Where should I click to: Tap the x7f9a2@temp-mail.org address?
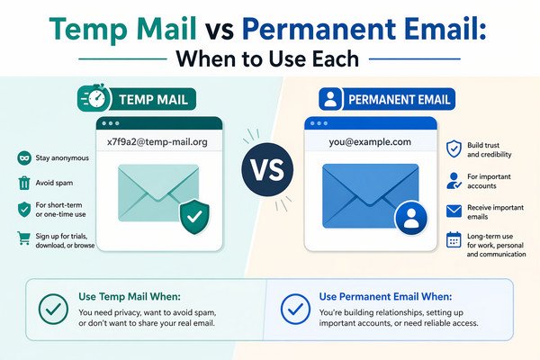158,140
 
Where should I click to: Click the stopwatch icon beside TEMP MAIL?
94,97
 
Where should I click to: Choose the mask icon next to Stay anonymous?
23,158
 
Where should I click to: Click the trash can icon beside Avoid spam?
23,184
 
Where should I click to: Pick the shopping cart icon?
23,238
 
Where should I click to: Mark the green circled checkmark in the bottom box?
53,309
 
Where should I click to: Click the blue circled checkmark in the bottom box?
293,310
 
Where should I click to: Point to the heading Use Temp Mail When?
129,296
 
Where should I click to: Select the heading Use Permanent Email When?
386,296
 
